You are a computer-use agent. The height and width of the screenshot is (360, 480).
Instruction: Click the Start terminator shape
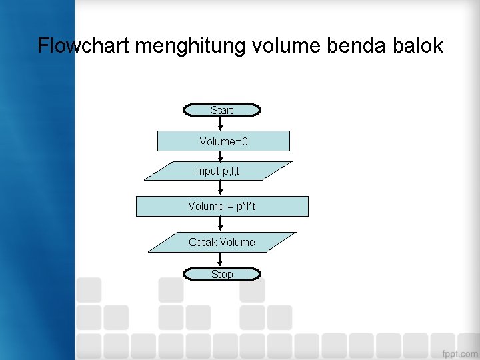[222, 110]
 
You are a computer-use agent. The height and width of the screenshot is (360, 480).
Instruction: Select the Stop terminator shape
[222, 274]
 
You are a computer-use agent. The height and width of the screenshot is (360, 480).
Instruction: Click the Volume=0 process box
[223, 141]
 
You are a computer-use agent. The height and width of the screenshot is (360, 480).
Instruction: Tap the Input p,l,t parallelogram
[218, 171]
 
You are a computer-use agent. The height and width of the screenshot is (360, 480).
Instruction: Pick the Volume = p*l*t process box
[222, 207]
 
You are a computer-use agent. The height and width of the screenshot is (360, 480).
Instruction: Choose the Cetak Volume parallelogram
[221, 242]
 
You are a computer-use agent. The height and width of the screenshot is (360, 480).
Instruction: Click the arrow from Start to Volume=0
[221, 124]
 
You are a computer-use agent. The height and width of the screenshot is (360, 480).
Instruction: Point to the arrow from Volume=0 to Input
[221, 157]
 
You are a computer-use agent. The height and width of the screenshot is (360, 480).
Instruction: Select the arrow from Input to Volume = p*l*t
[221, 189]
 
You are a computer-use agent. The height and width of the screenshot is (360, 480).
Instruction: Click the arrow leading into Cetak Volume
[221, 225]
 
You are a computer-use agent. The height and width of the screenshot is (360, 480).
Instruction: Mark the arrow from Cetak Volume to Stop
[221, 260]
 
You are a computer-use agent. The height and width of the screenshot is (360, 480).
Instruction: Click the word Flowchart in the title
[83, 46]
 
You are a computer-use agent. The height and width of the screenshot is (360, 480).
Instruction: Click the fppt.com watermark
[459, 353]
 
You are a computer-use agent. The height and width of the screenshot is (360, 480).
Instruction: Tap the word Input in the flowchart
[207, 171]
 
